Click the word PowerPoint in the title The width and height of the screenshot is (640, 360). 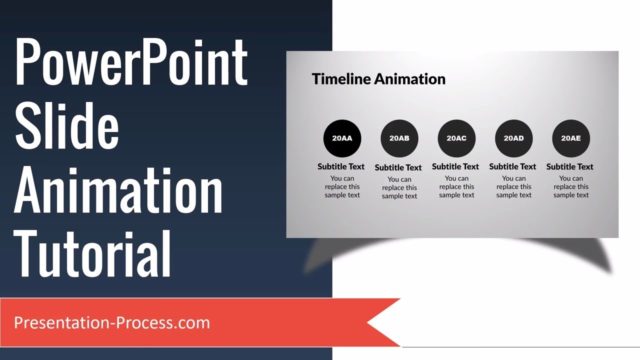pos(131,61)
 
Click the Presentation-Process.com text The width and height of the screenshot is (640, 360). pos(112,322)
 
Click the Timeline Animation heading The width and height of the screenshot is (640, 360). pos(378,79)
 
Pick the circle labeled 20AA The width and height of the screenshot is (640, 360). pos(342,138)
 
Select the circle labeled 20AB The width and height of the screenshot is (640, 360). pos(399,138)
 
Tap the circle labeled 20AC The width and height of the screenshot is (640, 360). pos(456,138)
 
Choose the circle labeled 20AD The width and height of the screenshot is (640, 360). pos(513,138)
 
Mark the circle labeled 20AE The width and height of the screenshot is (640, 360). pos(571,138)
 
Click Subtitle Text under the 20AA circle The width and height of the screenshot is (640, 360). pos(341,166)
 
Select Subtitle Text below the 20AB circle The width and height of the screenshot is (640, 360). pos(398,167)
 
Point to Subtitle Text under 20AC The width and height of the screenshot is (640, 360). pos(455,166)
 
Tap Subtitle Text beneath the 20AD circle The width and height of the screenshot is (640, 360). pos(512,166)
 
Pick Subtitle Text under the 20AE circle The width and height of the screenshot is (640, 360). pos(570,166)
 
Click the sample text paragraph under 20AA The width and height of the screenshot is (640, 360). pos(342,186)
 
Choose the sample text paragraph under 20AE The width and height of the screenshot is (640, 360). pos(571,186)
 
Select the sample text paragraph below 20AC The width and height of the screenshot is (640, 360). pos(456,186)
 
